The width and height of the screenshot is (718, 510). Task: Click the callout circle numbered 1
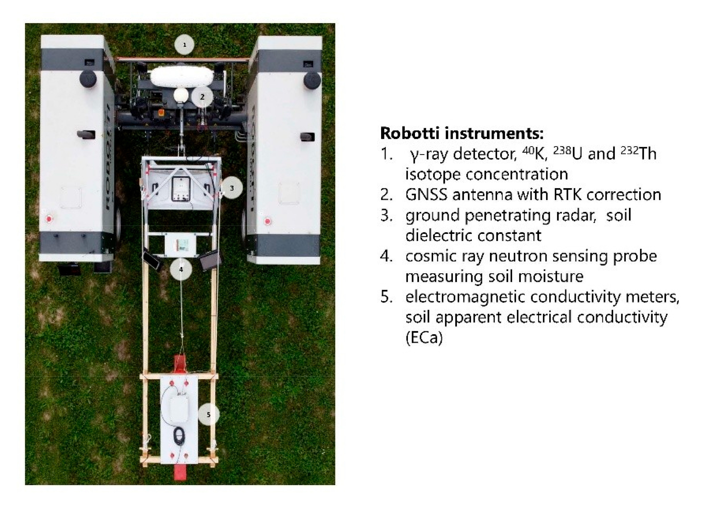(184, 45)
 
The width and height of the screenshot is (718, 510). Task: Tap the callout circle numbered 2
(202, 97)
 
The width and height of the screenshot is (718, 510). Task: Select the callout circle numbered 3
(231, 188)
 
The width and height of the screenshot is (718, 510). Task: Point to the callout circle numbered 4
(181, 269)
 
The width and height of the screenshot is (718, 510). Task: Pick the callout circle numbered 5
(209, 415)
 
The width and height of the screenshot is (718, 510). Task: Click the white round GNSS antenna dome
(181, 95)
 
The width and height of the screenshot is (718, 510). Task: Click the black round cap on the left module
(88, 78)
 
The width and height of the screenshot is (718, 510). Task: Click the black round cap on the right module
(312, 80)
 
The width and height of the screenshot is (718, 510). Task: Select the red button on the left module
(49, 219)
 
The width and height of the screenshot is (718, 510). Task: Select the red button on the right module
(267, 222)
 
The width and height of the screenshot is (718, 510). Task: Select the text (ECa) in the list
(424, 338)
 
